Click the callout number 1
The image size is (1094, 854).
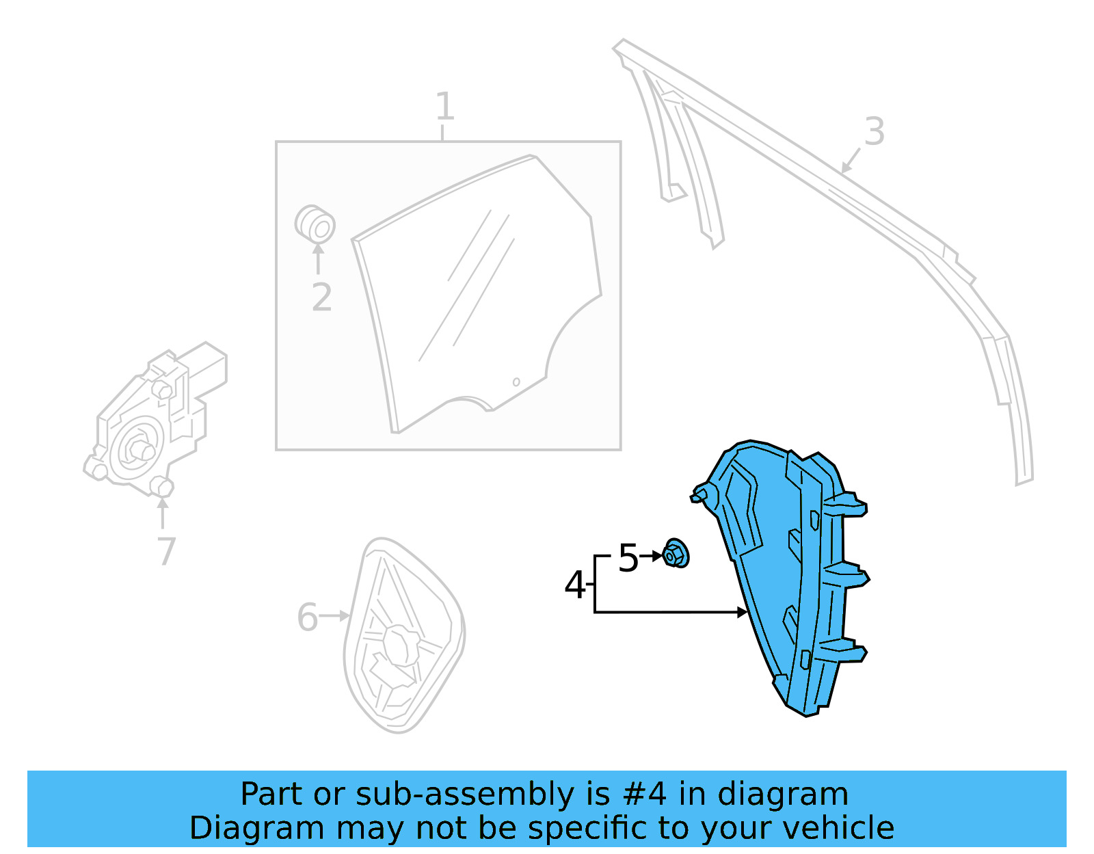tap(444, 107)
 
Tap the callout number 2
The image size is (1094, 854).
tap(321, 297)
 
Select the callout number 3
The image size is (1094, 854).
tap(874, 131)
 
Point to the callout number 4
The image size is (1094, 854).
tap(574, 585)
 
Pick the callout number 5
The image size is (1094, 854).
tap(628, 558)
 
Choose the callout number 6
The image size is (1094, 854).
tap(307, 617)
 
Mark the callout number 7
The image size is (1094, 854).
tap(166, 551)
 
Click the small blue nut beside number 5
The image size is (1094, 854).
tap(676, 554)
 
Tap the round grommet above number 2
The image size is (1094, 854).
tap(315, 224)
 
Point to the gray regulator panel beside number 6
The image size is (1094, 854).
tap(403, 636)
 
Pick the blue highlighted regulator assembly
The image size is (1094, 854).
tap(786, 574)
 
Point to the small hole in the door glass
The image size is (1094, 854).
tap(516, 382)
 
